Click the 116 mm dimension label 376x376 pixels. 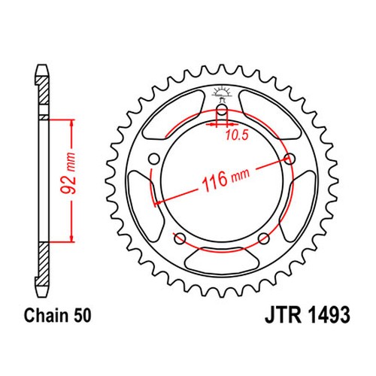point(226,179)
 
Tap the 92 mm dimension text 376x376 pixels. point(68,173)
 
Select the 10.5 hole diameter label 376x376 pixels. point(237,135)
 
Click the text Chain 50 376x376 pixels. point(57,315)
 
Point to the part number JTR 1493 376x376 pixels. point(308,315)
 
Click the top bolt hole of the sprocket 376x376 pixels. point(222,110)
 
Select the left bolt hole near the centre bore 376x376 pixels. point(153,159)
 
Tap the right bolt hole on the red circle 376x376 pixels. point(290,159)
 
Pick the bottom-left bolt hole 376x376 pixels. point(180,238)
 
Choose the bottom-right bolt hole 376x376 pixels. point(264,238)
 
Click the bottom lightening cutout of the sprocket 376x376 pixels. point(222,261)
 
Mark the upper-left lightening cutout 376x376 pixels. point(173,114)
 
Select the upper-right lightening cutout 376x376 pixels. point(271,114)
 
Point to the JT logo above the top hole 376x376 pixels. point(221,94)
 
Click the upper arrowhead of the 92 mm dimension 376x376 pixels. point(72,123)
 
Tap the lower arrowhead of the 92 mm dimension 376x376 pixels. point(72,238)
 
